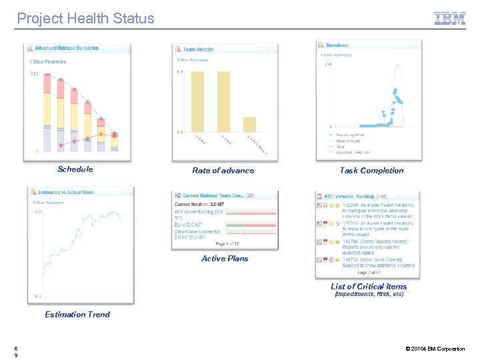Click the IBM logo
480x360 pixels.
click(450, 19)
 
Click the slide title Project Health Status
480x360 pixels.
click(85, 19)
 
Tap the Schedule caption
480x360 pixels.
click(75, 169)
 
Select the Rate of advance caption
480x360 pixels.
click(223, 171)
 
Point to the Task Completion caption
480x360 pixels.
click(371, 171)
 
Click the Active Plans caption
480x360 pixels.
click(225, 259)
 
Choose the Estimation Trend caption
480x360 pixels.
click(77, 315)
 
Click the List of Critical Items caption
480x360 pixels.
click(369, 287)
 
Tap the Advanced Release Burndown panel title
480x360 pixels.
click(66, 48)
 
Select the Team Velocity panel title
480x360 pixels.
click(198, 49)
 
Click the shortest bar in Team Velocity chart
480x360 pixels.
click(249, 125)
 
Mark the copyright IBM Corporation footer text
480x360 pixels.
click(435, 349)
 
